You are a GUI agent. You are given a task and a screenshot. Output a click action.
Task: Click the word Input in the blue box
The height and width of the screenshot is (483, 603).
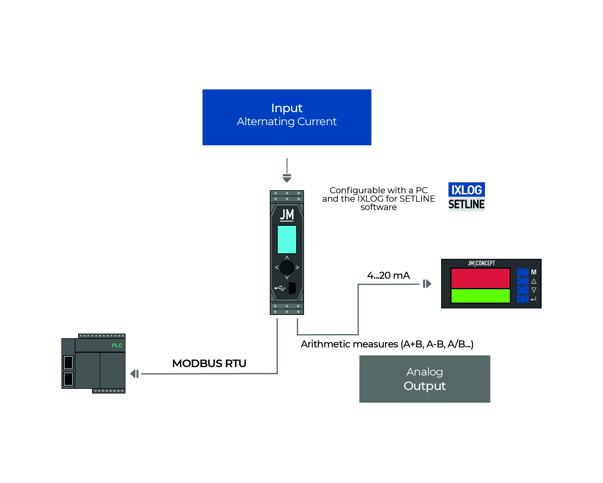(x=287, y=108)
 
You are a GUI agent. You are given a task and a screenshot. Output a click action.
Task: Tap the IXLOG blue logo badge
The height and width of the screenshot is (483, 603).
(x=466, y=190)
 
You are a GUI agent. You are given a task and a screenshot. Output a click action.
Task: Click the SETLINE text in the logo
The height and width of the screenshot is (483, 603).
(x=466, y=204)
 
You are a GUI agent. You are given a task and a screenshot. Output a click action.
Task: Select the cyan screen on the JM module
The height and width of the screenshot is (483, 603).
(x=287, y=239)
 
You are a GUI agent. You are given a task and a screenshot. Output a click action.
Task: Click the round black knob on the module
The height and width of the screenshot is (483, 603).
(x=287, y=267)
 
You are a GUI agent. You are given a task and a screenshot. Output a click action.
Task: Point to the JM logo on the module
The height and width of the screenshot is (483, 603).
(x=287, y=215)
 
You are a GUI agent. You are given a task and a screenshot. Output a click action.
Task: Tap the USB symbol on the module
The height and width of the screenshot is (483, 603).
(x=280, y=288)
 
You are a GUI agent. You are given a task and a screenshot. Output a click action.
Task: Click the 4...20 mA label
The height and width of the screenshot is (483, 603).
(x=388, y=275)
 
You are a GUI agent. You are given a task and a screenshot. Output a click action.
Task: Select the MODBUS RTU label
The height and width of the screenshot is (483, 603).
(x=209, y=363)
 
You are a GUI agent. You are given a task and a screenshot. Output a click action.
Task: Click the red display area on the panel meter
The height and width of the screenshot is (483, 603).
(x=480, y=278)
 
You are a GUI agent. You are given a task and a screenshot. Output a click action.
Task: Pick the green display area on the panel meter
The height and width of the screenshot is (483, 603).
(x=480, y=296)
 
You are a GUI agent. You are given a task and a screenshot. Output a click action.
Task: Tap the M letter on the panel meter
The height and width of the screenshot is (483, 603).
(x=534, y=272)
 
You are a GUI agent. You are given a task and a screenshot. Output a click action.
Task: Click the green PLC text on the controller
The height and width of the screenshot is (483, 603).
(x=117, y=345)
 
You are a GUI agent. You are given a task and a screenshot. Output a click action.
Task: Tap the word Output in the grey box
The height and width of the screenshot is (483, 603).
(x=424, y=386)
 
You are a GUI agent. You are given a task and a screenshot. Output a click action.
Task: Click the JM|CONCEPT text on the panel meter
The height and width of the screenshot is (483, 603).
(x=481, y=263)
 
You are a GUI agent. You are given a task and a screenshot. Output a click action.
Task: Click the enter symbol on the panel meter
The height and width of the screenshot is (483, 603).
(x=534, y=299)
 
